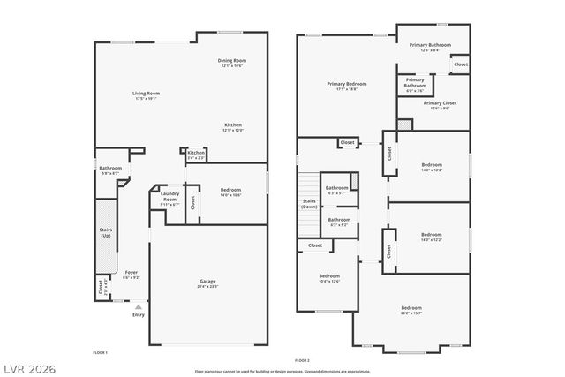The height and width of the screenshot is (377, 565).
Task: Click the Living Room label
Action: coord(147,95)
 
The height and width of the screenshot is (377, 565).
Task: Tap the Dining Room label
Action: coord(231,63)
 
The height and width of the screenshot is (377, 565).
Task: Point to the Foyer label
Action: coord(131,275)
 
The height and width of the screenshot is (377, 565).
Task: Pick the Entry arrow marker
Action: coord(138,306)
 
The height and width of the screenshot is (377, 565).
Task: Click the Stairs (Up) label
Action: coord(105,233)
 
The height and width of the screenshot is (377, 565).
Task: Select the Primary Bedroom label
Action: coord(346,87)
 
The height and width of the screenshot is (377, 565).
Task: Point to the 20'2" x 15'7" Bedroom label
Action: coord(411,310)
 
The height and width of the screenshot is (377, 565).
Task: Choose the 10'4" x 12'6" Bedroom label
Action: coord(328,279)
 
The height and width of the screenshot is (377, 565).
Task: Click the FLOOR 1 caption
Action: coord(100,352)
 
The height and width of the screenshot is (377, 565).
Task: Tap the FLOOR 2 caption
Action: coord(302,361)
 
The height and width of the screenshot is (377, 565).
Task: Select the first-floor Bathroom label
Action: coord(110,170)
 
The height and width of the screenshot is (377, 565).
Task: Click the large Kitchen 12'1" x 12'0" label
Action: coord(233,128)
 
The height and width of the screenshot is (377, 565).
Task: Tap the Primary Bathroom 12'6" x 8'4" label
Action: coord(430,47)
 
